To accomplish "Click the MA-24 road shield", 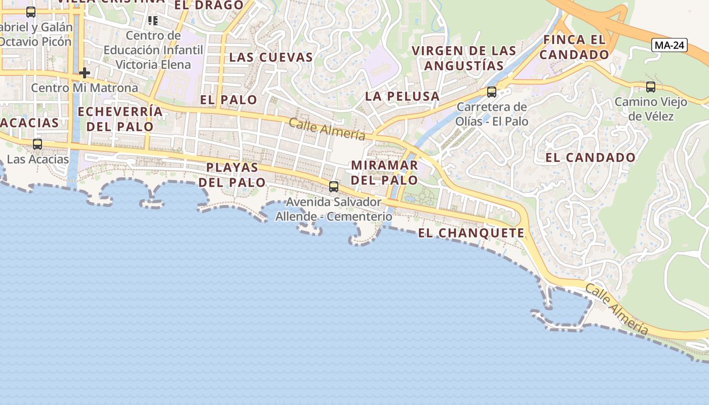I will tap(669, 45).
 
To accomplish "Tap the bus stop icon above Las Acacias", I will tap(37, 144).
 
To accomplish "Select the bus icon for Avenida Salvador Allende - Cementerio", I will tap(333, 186).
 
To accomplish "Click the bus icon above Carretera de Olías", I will tap(491, 92).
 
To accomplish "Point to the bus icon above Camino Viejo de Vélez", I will tap(651, 87).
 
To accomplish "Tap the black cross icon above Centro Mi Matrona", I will tap(85, 73).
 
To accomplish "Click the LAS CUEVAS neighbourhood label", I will tap(271, 57).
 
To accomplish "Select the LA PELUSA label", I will tap(402, 96).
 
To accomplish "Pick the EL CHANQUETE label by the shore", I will tap(471, 233).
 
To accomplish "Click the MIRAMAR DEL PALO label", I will tap(384, 173).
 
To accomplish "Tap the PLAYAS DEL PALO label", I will tap(232, 175).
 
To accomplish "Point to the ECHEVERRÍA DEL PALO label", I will tap(120, 119).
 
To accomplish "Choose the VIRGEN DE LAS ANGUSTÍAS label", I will tap(464, 58).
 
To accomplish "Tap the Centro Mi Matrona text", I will tap(85, 88).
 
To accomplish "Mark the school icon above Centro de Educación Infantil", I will tap(153, 21).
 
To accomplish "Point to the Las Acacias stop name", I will tap(37, 159).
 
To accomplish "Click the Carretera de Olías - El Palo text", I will tap(492, 114).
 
